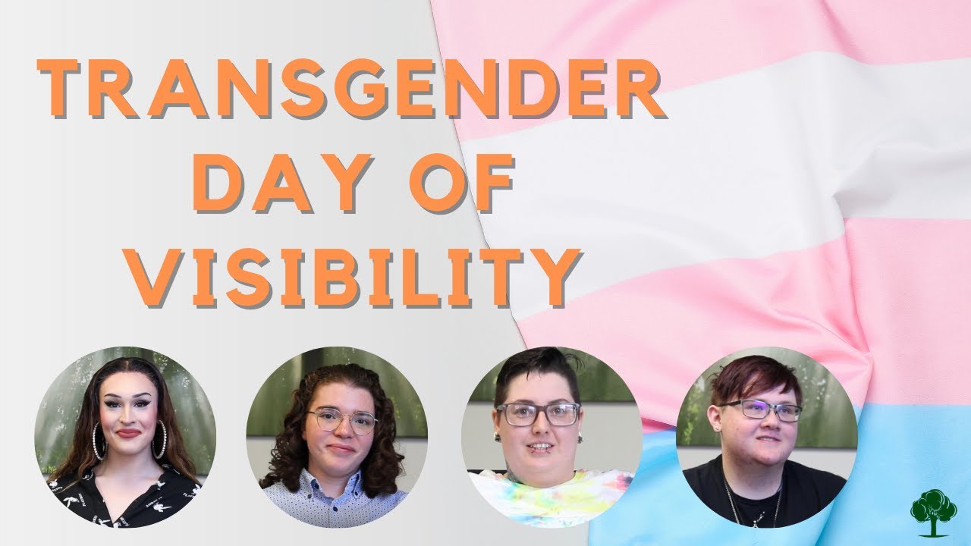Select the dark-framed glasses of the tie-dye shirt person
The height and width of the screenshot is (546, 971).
pyautogui.click(x=539, y=414)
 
